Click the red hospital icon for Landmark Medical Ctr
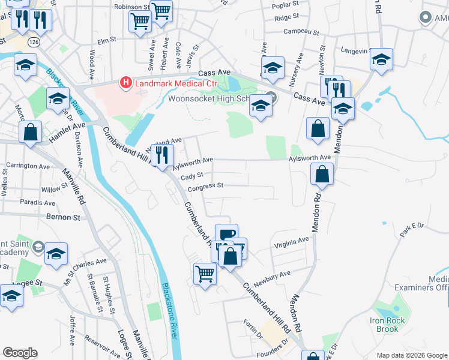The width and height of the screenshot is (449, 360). click(x=125, y=82)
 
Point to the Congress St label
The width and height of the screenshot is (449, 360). click(x=205, y=187)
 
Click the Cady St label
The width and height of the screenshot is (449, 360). click(x=193, y=176)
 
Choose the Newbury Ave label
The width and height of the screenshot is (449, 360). click(x=271, y=274)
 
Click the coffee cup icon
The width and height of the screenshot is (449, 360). click(x=226, y=235)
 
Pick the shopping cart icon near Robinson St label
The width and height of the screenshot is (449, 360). click(x=161, y=11)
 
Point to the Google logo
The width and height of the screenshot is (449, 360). click(x=20, y=353)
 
